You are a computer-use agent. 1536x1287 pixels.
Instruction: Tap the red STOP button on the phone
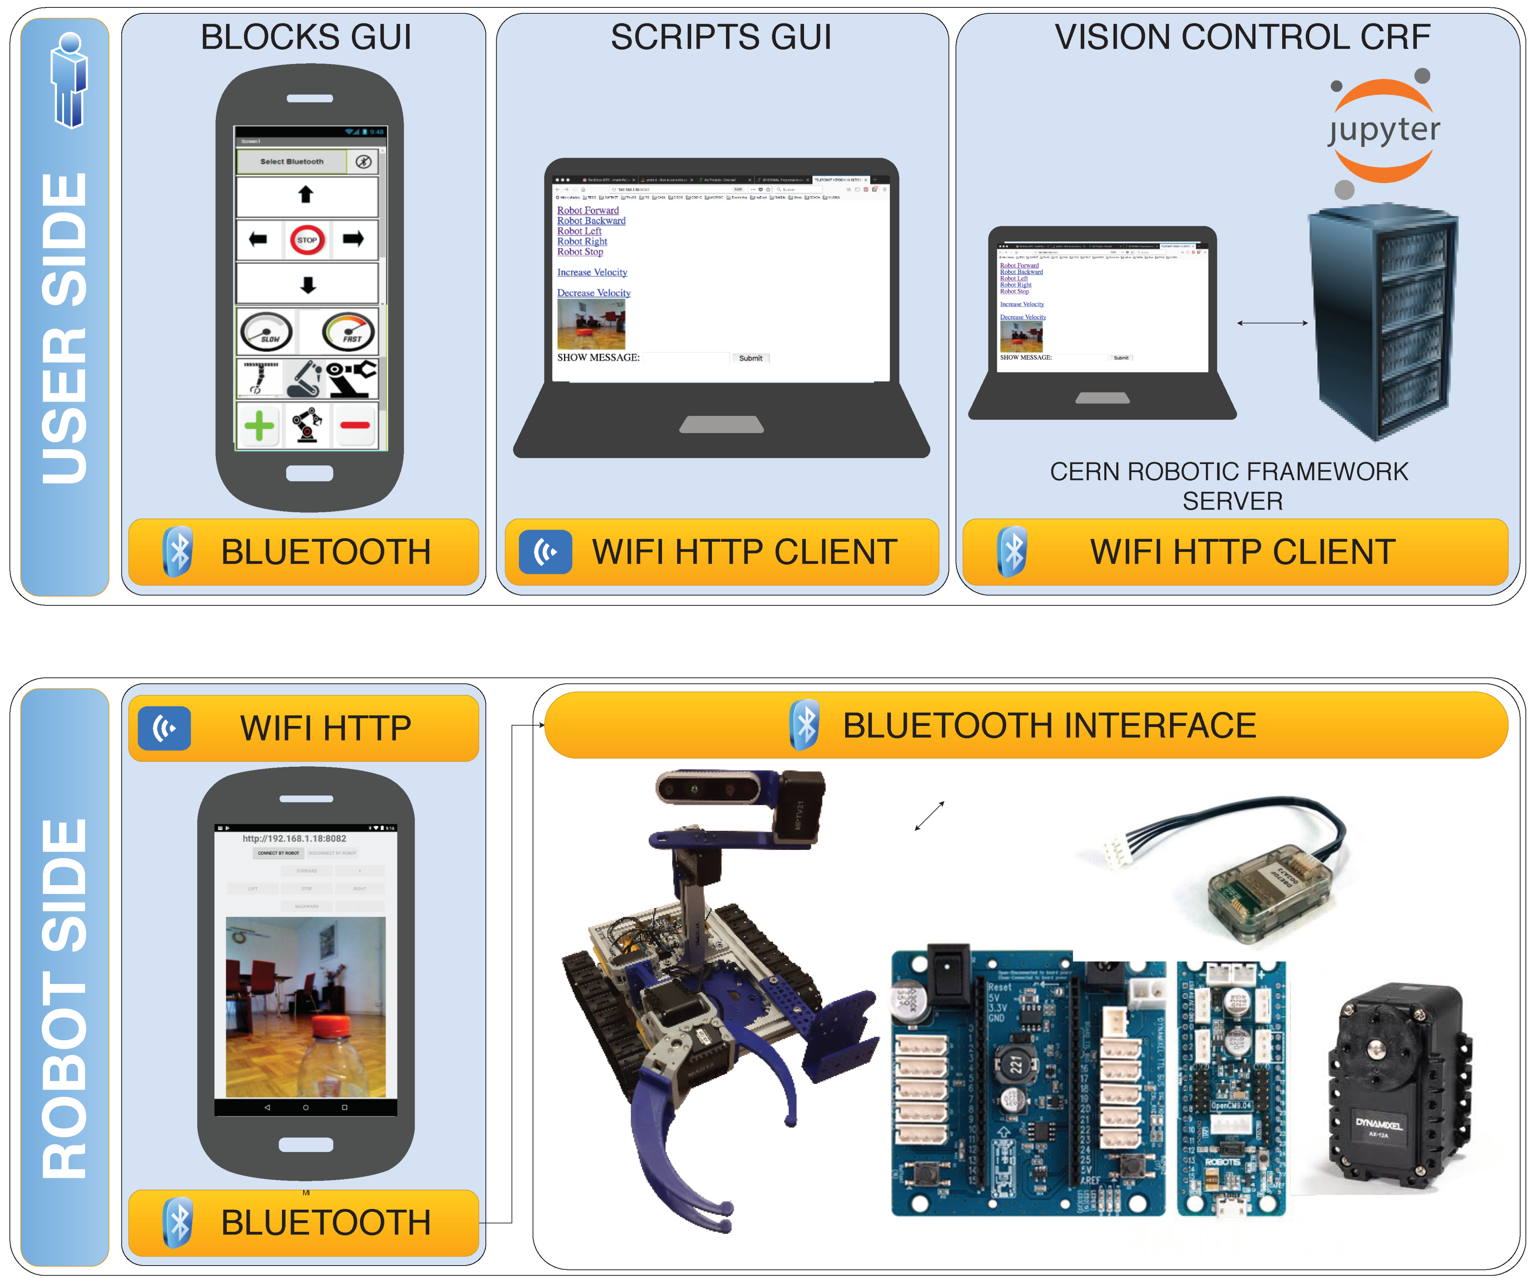[x=307, y=240]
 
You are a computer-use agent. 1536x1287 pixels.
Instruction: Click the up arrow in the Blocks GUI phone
[x=306, y=195]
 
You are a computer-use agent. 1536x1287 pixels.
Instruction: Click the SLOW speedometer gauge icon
[x=267, y=332]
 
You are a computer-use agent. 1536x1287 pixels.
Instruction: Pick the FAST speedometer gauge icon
[x=349, y=332]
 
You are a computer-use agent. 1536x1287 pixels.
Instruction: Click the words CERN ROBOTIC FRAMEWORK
[x=1229, y=472]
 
